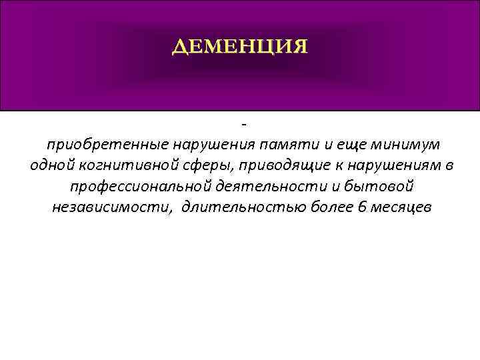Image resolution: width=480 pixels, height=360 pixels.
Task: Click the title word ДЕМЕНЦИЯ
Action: click(x=240, y=47)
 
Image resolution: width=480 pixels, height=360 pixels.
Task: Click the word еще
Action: click(x=343, y=145)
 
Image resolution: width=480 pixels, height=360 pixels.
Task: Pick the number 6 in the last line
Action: click(x=362, y=207)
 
